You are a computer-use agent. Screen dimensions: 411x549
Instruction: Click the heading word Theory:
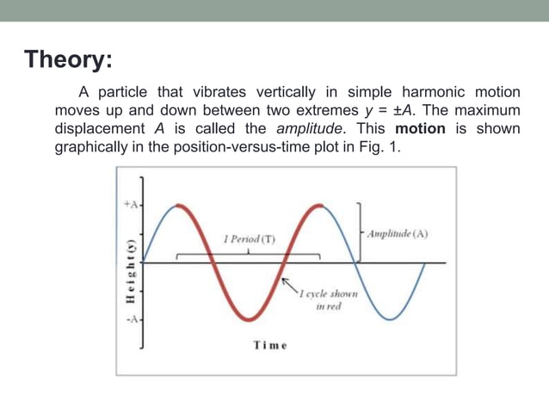coord(67,60)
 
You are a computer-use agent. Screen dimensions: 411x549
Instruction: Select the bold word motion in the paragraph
coord(420,128)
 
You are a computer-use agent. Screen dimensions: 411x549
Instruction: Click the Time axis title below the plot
coord(269,346)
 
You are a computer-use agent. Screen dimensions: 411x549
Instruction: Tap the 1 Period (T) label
coord(248,238)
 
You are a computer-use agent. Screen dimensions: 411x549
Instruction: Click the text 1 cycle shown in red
coord(328,300)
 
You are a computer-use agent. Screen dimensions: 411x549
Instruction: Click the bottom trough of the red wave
coord(248,319)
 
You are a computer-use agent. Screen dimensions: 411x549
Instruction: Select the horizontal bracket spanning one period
coord(248,255)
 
